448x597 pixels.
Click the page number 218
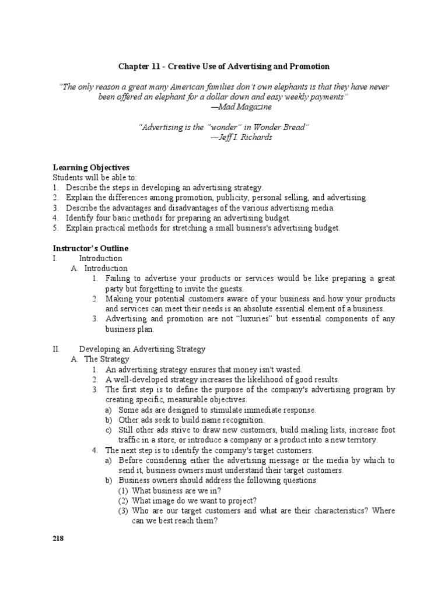click(57, 539)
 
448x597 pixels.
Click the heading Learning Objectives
click(91, 167)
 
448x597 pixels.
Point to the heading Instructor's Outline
click(90, 248)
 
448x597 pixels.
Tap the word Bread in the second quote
click(293, 127)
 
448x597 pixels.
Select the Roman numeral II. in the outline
click(57, 349)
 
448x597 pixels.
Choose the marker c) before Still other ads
click(108, 430)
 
